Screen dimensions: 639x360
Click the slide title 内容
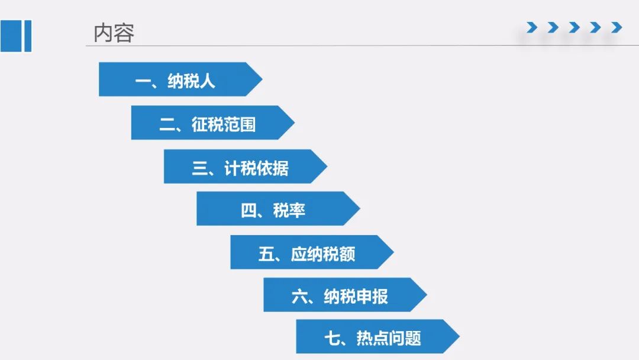(114, 33)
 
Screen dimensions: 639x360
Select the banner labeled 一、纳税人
(180, 79)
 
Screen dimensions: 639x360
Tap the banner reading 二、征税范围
(213, 123)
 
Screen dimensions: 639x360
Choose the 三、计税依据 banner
(246, 166)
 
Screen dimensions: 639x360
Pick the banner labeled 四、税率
(278, 208)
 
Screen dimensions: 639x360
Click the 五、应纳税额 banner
(312, 252)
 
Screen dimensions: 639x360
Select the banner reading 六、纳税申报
(345, 295)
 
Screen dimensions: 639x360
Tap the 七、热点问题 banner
(377, 336)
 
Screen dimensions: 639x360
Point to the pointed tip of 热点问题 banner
(460, 336)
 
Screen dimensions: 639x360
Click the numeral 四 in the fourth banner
(248, 211)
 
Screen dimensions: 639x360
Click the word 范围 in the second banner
(240, 124)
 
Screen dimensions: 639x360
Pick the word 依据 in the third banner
(272, 168)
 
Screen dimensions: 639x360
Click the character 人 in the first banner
(208, 81)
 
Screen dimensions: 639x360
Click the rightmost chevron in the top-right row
(617, 27)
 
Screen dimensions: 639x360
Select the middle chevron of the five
(574, 27)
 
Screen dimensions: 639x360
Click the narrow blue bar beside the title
(28, 36)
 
